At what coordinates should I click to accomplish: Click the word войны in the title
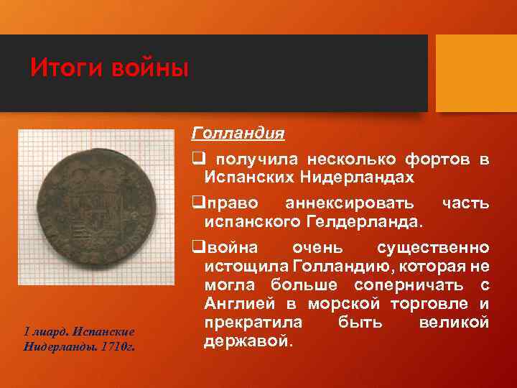point(149,69)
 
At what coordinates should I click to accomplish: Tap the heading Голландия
point(238,134)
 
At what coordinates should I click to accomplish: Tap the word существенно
point(433,249)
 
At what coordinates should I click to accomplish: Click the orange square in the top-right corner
point(476,73)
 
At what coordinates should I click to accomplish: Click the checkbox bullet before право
point(195,203)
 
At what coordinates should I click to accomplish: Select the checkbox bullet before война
point(195,249)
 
